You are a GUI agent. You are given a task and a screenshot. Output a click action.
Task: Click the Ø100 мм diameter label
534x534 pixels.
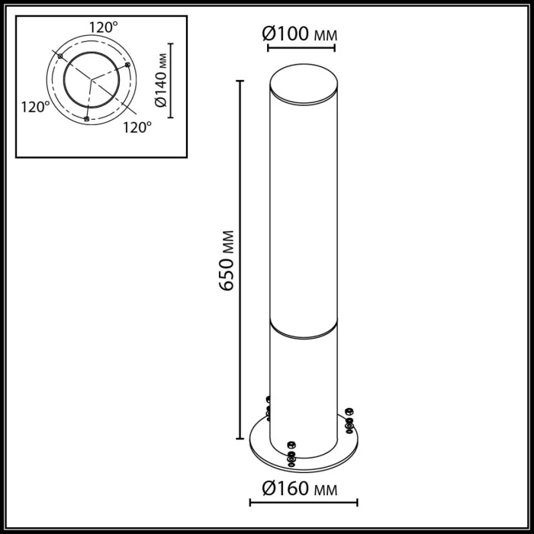300,34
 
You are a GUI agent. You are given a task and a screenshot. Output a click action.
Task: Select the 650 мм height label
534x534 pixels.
227,259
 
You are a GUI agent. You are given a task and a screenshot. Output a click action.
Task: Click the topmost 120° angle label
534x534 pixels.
103,27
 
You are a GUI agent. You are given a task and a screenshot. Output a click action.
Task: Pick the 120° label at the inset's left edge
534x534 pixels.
35,108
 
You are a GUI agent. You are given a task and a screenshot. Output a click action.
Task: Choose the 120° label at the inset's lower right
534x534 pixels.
137,127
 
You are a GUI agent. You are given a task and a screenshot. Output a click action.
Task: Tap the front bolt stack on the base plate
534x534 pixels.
290,452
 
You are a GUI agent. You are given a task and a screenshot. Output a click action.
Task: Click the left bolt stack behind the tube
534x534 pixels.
268,408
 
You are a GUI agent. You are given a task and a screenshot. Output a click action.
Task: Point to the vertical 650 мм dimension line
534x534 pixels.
241,259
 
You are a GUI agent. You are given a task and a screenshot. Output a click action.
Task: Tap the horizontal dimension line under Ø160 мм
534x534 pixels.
304,502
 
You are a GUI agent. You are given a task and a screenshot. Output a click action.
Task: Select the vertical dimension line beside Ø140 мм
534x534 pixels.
171,80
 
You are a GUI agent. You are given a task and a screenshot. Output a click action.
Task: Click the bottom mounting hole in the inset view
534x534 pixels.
86,119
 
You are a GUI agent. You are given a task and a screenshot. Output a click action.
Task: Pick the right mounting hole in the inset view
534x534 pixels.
127,65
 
